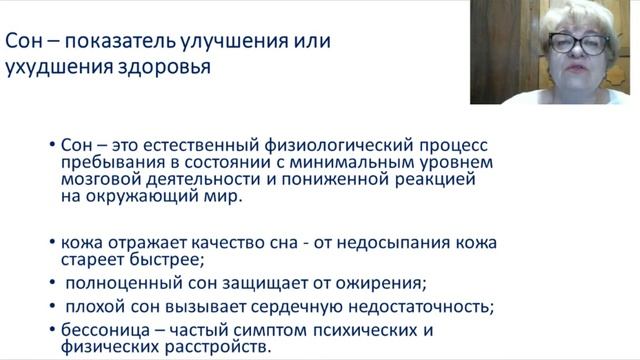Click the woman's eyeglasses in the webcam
point(576,44)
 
